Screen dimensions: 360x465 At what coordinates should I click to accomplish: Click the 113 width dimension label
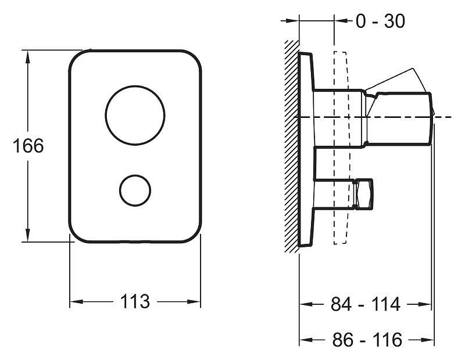tap(135, 301)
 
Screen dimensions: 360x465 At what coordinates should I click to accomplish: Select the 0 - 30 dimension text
tap(380, 21)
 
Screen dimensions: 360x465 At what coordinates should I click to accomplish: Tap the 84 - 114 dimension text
tap(366, 304)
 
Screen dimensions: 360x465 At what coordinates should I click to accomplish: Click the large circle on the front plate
tap(135, 115)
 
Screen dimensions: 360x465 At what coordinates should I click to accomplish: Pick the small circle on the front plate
tap(135, 189)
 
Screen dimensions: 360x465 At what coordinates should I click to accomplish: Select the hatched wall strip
tap(291, 145)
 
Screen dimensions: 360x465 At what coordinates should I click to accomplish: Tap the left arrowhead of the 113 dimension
tap(74, 301)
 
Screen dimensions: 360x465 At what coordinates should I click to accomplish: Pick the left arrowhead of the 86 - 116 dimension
tap(303, 340)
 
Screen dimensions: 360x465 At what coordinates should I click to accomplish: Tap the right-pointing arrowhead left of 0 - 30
tap(294, 21)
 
